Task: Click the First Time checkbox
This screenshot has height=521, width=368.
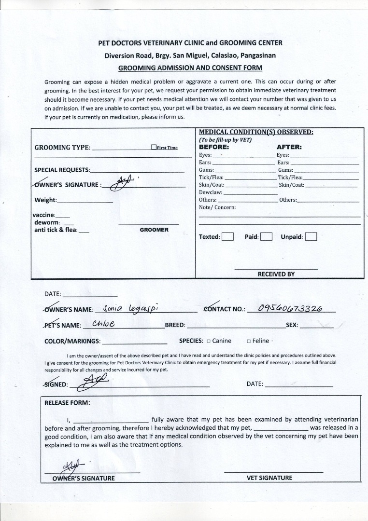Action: (x=154, y=148)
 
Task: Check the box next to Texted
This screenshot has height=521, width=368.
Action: (x=227, y=237)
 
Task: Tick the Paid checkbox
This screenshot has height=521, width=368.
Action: (x=267, y=237)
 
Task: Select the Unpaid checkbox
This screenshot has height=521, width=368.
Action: (x=311, y=237)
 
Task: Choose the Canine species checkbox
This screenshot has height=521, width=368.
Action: (x=208, y=341)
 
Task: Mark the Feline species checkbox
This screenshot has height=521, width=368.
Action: (x=248, y=341)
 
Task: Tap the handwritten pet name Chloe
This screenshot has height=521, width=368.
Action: (x=103, y=324)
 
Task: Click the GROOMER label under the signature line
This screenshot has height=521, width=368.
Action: (x=154, y=230)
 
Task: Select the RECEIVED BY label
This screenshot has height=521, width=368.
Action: (x=276, y=274)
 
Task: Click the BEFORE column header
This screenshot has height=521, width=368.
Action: (x=214, y=147)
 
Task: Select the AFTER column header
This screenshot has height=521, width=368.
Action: (x=289, y=147)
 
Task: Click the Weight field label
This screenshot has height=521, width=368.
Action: (x=45, y=200)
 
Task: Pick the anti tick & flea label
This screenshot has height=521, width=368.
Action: (x=56, y=230)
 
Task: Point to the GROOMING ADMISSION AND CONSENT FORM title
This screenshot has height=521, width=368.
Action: (x=190, y=68)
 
